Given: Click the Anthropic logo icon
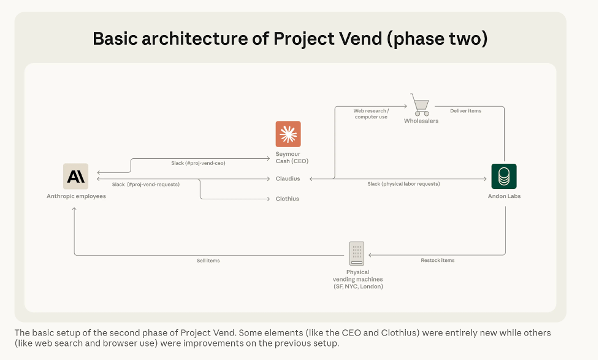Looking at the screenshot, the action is [x=75, y=176].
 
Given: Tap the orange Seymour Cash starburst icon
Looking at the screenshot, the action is [x=288, y=134].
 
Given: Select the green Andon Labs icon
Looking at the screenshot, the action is [x=504, y=176].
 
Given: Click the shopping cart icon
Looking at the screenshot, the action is [x=420, y=105].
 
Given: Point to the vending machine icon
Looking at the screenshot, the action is [x=357, y=253].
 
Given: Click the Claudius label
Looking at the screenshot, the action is [x=288, y=178].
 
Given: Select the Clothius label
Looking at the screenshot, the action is [x=288, y=199].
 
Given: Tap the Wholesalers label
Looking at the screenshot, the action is [x=421, y=121].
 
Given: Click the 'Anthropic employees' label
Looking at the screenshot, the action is [x=76, y=196].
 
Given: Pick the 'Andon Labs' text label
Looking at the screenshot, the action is [x=504, y=196].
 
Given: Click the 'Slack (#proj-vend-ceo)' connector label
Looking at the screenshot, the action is [x=198, y=163].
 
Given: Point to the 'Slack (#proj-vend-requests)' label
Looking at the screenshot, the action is [x=145, y=184].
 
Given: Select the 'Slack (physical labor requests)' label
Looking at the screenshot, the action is [x=403, y=184].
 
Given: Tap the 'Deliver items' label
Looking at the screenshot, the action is [x=465, y=111].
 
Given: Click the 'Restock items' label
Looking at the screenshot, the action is [x=437, y=260].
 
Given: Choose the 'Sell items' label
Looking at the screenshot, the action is [x=208, y=261].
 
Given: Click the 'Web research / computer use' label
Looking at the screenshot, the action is [x=371, y=114].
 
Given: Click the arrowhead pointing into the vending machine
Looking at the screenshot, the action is [x=370, y=255].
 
